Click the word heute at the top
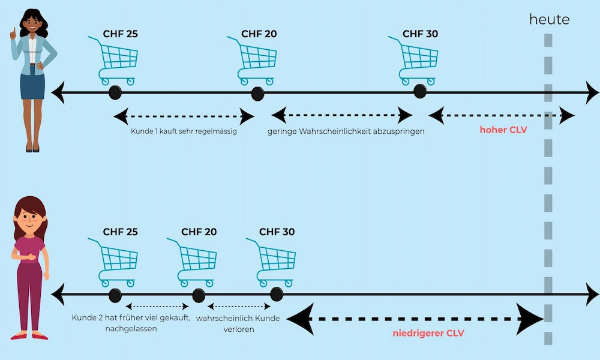(549, 20)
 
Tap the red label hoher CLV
(503, 129)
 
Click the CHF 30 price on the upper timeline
(420, 34)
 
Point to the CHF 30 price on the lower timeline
(277, 232)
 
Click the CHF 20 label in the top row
(259, 34)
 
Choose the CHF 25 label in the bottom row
(121, 232)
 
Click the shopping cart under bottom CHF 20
(194, 262)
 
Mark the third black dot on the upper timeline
(420, 92)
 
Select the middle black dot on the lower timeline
(199, 295)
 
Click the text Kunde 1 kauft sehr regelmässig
(184, 131)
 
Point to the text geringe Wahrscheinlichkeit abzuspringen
(346, 131)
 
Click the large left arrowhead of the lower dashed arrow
(300, 318)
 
